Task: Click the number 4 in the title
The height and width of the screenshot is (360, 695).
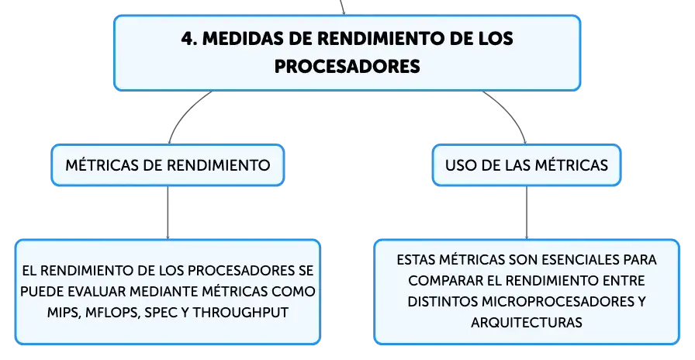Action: click(188, 39)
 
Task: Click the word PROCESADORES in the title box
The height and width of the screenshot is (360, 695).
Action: click(347, 67)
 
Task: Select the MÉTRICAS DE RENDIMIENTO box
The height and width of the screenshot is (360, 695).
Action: click(168, 165)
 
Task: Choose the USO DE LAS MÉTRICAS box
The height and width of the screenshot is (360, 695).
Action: click(527, 165)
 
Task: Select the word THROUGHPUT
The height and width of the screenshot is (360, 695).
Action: click(240, 313)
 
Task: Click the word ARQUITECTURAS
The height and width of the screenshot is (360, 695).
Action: click(527, 322)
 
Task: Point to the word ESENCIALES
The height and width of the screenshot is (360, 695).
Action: click(576, 260)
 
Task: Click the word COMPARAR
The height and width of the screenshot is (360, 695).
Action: click(449, 281)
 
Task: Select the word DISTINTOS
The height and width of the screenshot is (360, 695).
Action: click(442, 302)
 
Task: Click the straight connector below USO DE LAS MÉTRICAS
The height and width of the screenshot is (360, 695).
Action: click(527, 213)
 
